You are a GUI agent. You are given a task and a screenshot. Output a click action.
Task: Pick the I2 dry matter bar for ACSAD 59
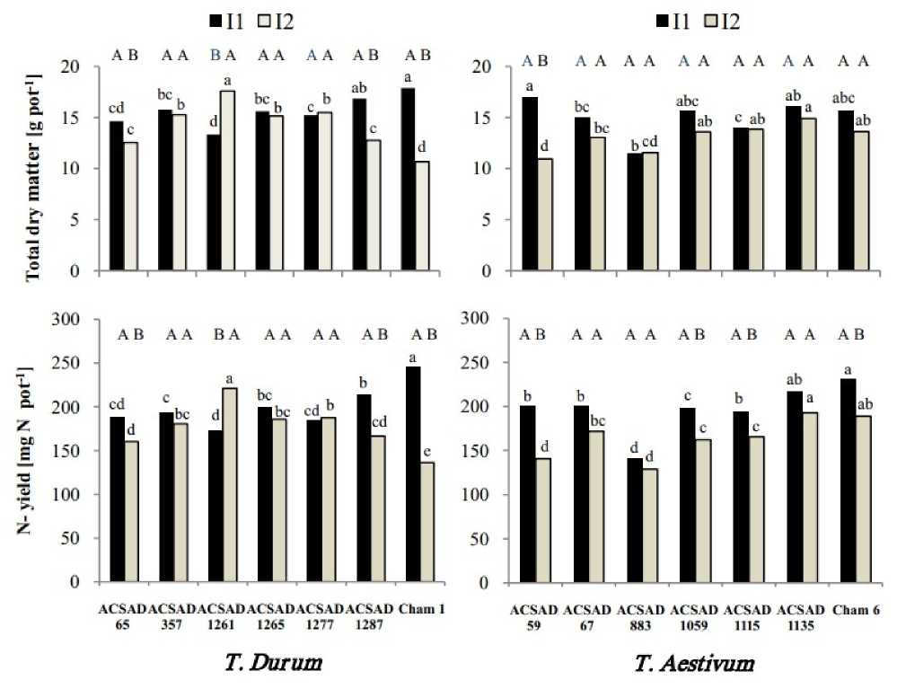point(544,215)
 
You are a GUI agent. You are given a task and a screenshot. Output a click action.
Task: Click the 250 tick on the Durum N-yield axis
point(86,363)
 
